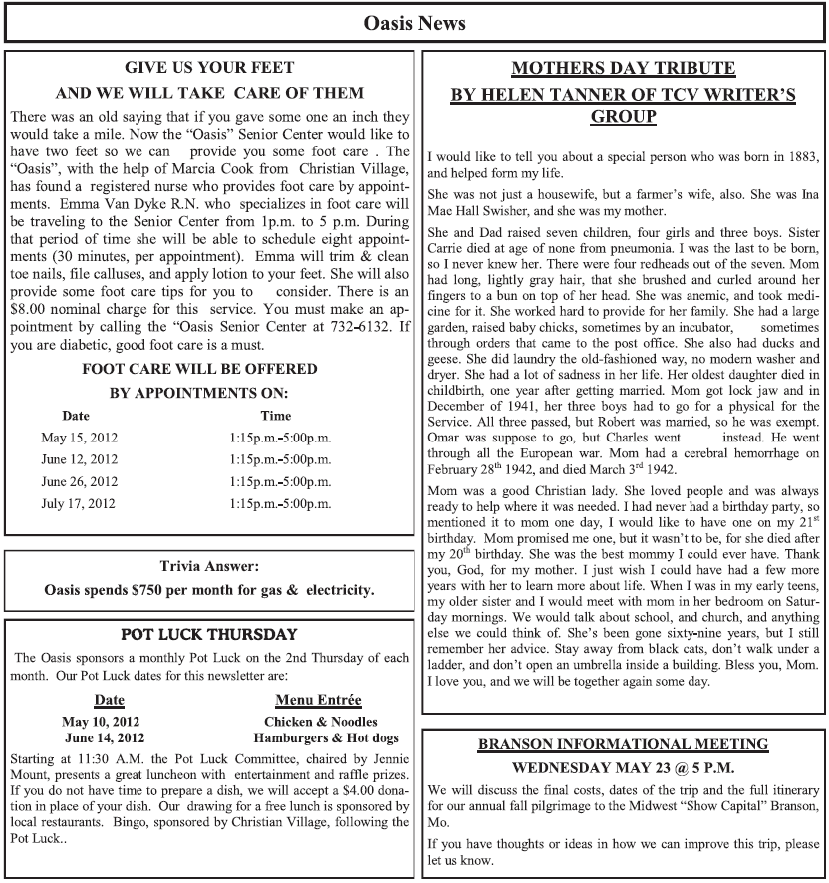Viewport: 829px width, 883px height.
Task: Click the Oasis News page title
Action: pos(414,21)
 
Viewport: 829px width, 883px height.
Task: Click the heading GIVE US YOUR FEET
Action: pos(209,68)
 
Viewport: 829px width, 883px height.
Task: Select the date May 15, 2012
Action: pos(79,437)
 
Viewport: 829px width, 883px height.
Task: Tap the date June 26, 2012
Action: pos(80,481)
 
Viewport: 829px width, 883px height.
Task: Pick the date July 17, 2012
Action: pos(79,503)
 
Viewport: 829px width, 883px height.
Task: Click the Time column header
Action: pos(275,415)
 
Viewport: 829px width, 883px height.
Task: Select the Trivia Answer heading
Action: pos(208,566)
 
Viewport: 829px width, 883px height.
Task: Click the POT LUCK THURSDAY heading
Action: pos(209,634)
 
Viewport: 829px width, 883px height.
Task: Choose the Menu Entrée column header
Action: pos(318,700)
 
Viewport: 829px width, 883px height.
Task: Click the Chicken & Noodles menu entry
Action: pos(321,721)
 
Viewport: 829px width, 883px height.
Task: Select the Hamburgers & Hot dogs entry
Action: pos(326,738)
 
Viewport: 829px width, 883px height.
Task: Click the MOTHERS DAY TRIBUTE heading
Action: pos(623,68)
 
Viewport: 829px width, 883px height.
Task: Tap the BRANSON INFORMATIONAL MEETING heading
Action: pos(623,744)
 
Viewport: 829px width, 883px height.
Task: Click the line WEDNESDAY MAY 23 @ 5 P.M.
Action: pos(623,768)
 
